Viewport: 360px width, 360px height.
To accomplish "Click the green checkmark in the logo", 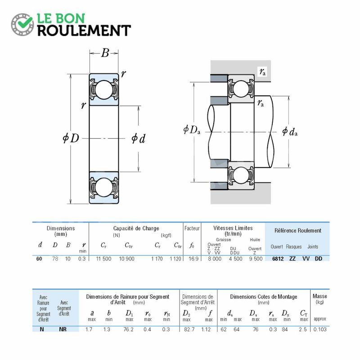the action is pos(25,22).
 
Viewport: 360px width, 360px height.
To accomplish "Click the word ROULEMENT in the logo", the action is pos(84,31).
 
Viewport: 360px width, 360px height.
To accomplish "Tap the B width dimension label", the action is pos(105,53).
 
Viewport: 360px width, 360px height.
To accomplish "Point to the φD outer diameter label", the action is pos(71,138).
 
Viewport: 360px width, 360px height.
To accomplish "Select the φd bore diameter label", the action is pos(139,139).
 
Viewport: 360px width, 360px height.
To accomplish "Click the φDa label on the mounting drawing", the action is pos(192,130).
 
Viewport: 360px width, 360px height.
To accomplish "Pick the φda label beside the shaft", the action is pos(290,131).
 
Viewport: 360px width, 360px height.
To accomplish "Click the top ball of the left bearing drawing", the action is pos(104,90).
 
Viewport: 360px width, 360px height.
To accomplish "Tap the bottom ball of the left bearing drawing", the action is pos(104,188).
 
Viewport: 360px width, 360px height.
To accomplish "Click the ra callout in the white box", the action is pos(262,72).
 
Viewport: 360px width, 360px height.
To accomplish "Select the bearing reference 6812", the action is pos(278,259).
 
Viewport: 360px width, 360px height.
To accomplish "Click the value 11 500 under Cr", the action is pos(103,259).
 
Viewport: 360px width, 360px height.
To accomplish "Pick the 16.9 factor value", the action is pos(193,259).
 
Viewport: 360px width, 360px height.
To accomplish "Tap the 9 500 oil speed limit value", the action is pos(256,259).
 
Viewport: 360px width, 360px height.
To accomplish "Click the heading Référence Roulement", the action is pos(298,230).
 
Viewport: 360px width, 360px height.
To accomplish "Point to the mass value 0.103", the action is pos(320,329).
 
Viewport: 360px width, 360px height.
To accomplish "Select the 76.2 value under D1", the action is pos(128,329).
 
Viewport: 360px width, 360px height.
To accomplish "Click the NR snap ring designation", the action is pos(63,329).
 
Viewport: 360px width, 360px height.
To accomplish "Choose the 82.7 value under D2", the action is pos(189,329).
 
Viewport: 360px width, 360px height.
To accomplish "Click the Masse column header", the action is pos(320,296).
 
